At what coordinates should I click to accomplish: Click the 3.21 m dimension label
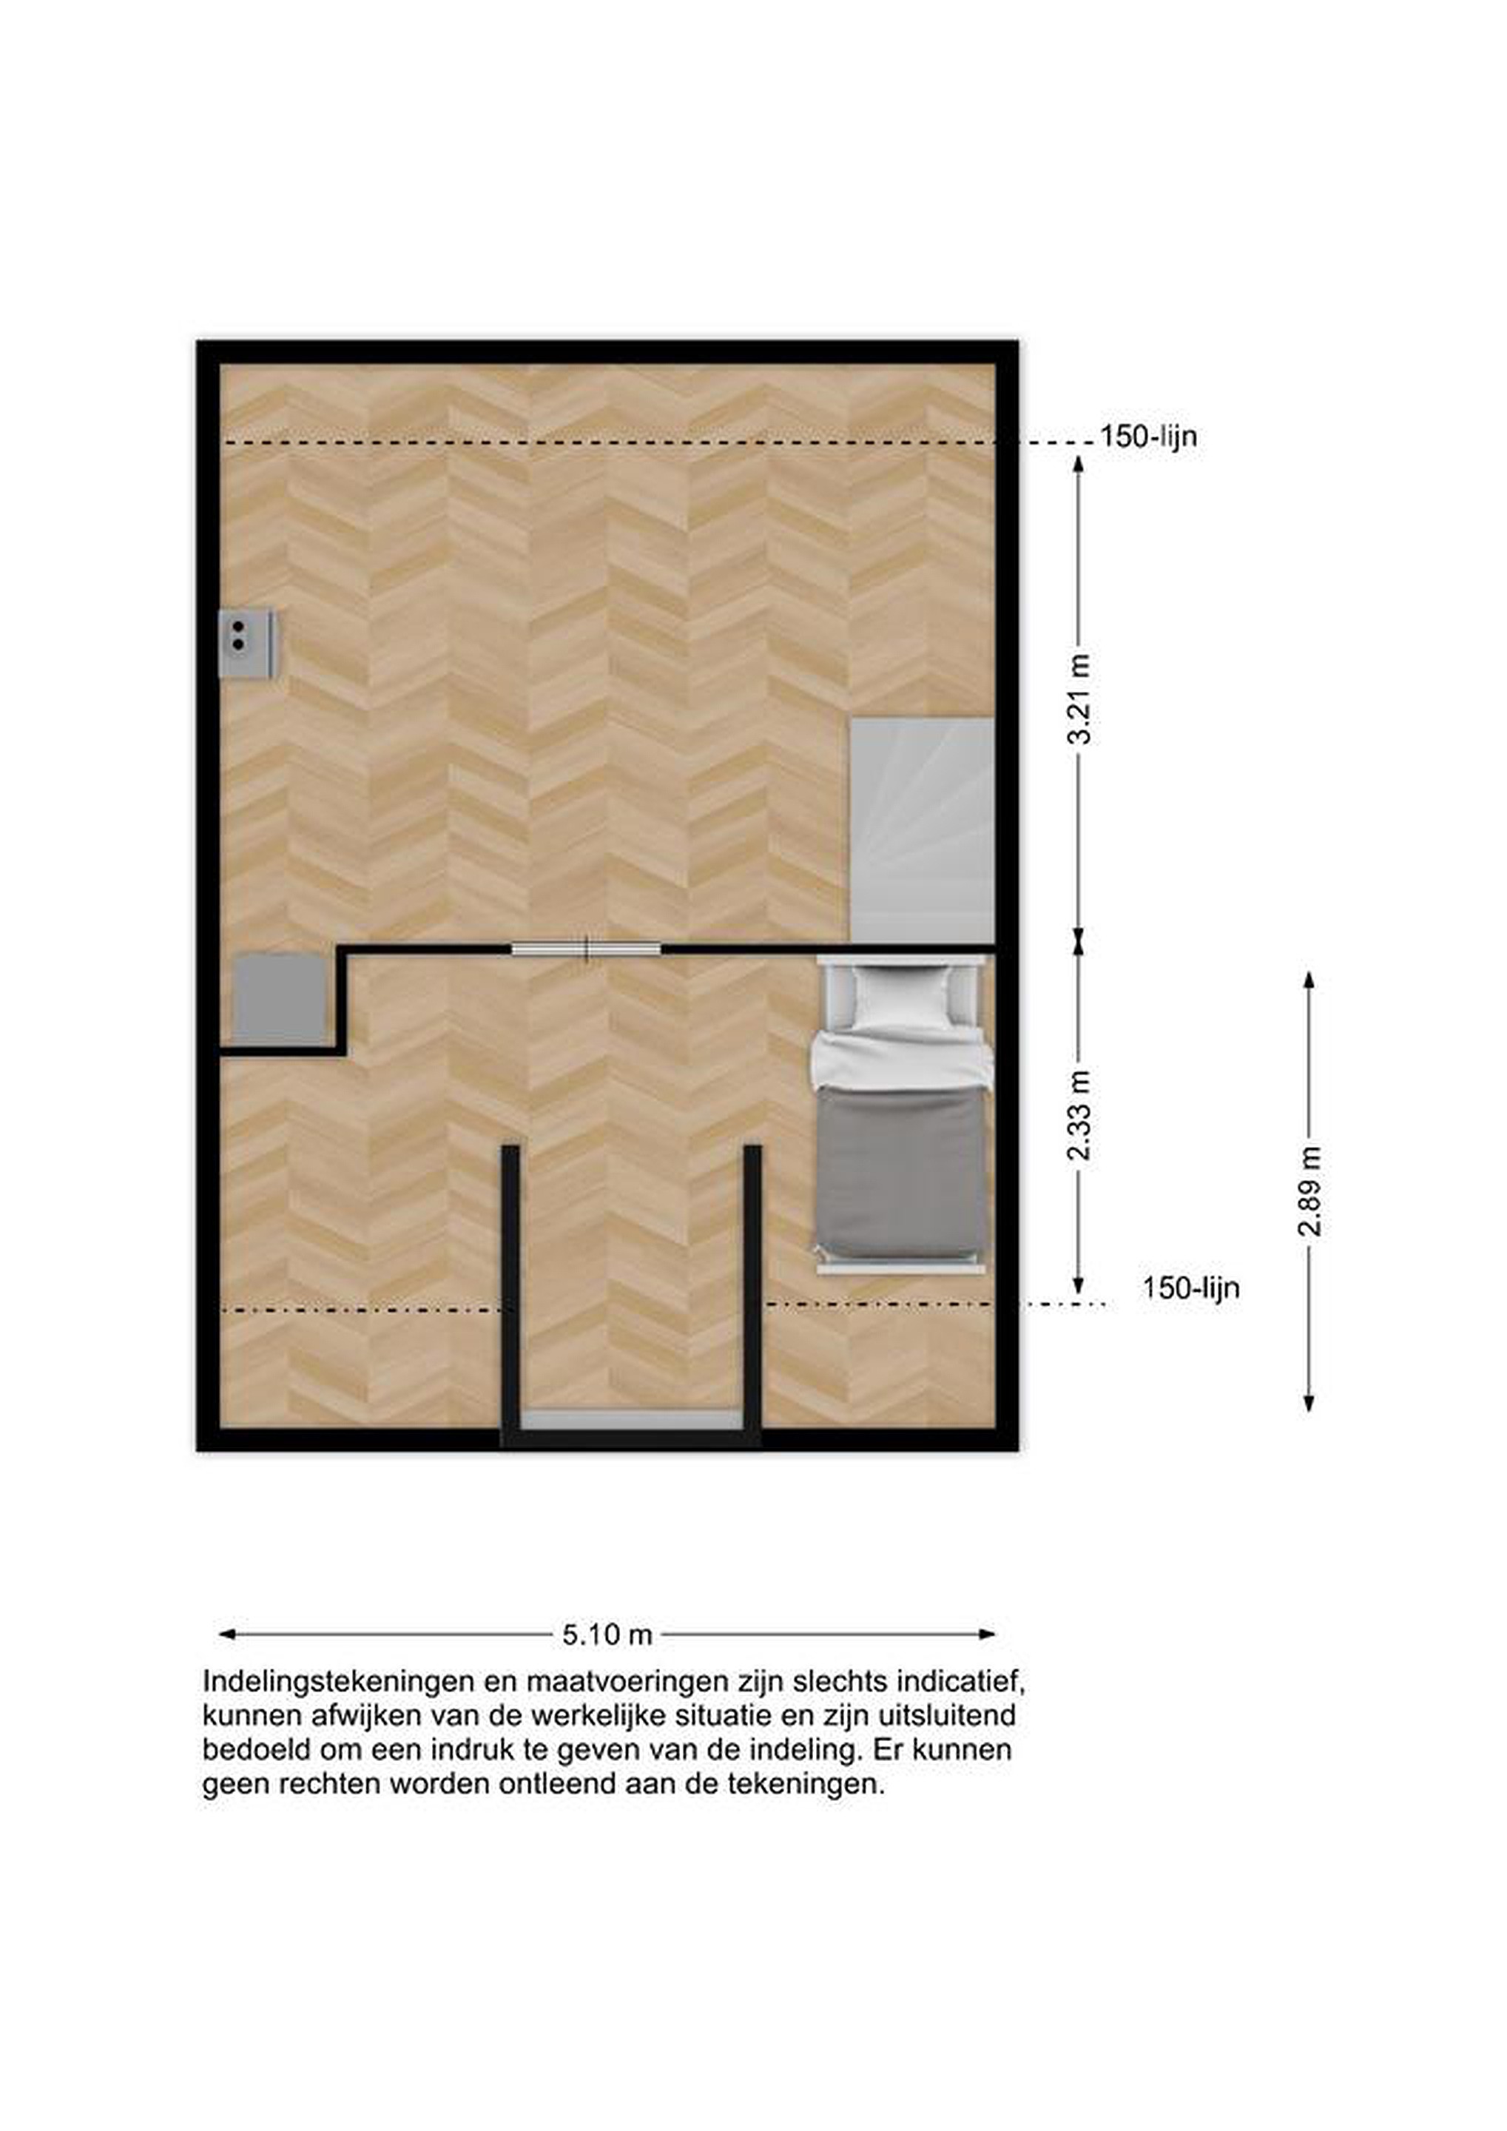(x=1079, y=700)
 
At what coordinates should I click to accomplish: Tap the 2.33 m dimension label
(x=1079, y=1116)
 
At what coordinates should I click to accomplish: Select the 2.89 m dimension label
(x=1309, y=1192)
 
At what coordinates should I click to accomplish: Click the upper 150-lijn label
(x=1148, y=437)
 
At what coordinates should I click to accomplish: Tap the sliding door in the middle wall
(x=587, y=949)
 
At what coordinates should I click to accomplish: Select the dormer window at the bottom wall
(x=632, y=1419)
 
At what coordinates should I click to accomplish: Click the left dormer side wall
(x=510, y=1293)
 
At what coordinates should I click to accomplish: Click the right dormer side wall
(x=752, y=1293)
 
